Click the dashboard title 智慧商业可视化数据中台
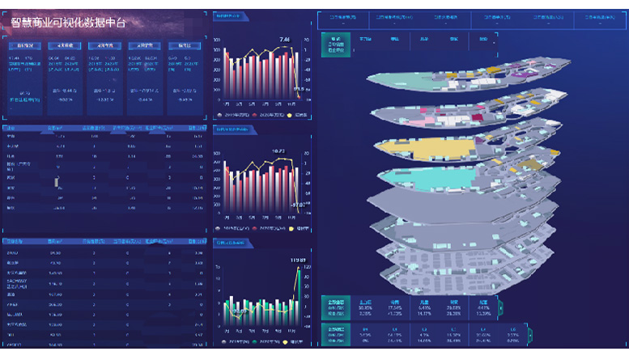click(69, 22)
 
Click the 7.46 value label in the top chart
click(284, 39)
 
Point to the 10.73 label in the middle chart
click(278, 151)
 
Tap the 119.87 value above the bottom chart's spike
click(298, 260)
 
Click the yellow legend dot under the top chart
click(290, 115)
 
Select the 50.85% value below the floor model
click(365, 308)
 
